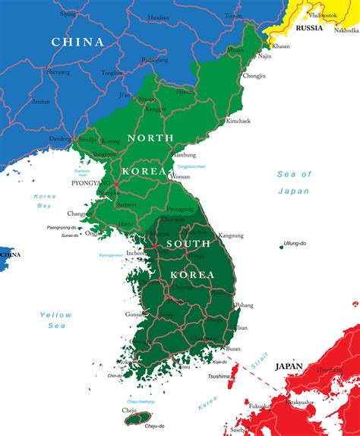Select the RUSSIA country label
pyautogui.click(x=309, y=28)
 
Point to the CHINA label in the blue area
pyautogui.click(x=77, y=43)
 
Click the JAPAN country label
pyautogui.click(x=289, y=366)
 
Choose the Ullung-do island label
pyautogui.click(x=294, y=244)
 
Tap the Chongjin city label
pyautogui.click(x=254, y=76)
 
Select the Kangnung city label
pyautogui.click(x=231, y=235)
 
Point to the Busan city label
pyautogui.click(x=232, y=349)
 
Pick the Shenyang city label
pyautogui.click(x=58, y=72)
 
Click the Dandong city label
pyautogui.click(x=59, y=139)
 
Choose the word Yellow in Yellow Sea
pyautogui.click(x=55, y=314)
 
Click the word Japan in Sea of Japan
pyautogui.click(x=293, y=191)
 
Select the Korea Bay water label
pyautogui.click(x=45, y=201)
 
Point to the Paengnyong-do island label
pyautogui.click(x=62, y=227)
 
